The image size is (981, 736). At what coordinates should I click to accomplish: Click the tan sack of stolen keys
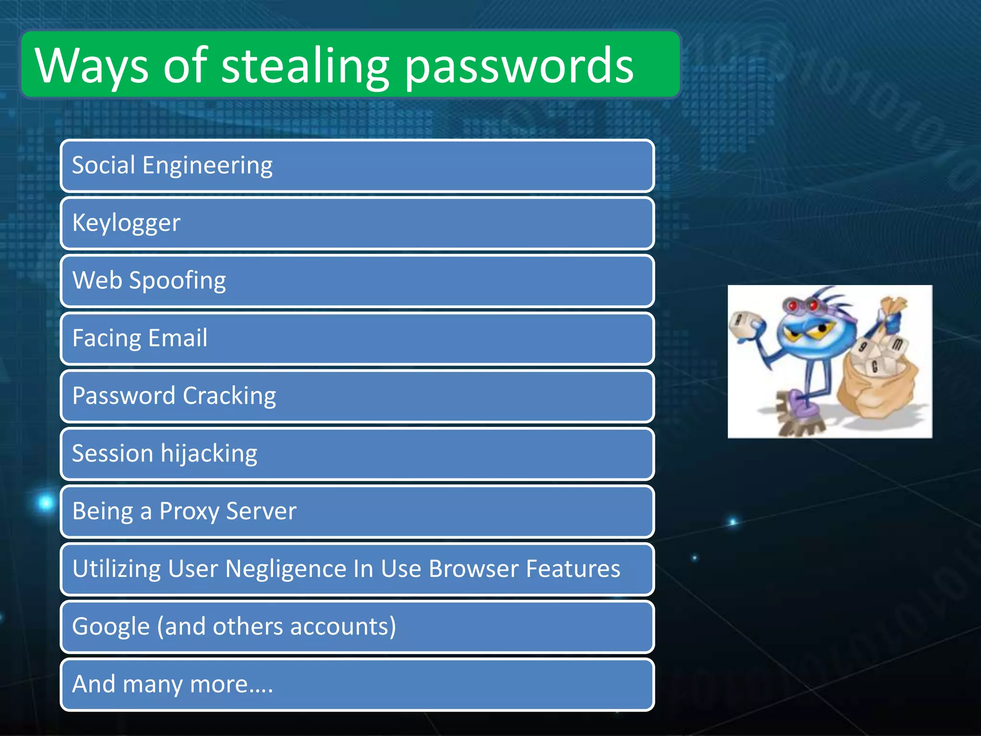877,383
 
